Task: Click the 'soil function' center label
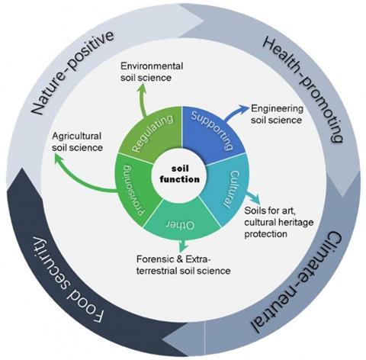[180, 174]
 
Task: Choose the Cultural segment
[227, 189]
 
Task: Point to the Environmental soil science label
[152, 72]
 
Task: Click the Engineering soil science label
[277, 114]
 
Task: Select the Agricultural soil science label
[77, 142]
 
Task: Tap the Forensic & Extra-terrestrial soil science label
[184, 265]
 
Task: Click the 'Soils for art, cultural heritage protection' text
[279, 222]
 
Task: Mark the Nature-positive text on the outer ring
[72, 72]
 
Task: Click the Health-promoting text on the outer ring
[303, 89]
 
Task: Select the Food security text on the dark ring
[66, 280]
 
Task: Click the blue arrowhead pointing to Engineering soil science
[243, 108]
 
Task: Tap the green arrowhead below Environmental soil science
[141, 87]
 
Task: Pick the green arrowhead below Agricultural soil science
[59, 159]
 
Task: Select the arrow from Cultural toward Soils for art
[254, 197]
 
